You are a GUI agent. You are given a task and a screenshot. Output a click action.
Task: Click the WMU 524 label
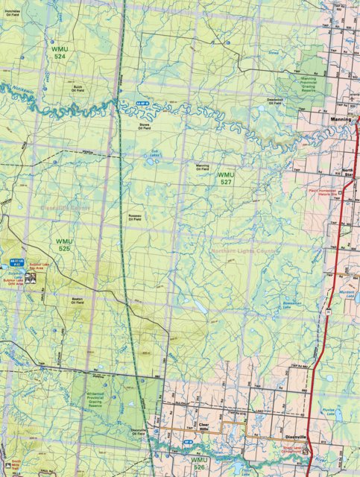pos(60,52)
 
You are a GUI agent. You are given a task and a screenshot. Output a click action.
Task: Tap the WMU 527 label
pos(226,178)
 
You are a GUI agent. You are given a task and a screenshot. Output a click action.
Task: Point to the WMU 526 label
pos(199,464)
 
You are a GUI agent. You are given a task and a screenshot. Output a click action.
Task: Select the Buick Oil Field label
pos(69,89)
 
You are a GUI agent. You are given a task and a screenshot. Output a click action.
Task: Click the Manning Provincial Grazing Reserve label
pos(303,78)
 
